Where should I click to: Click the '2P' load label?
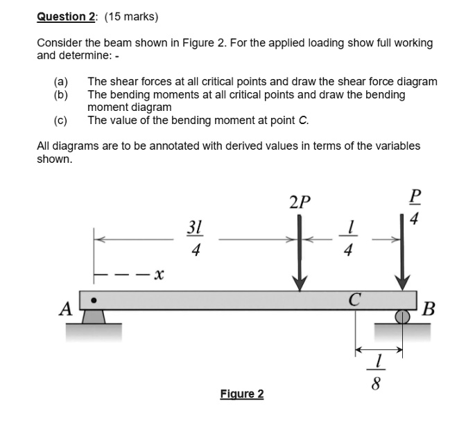(300, 203)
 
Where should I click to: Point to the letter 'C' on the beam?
(355, 299)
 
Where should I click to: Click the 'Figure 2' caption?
(241, 394)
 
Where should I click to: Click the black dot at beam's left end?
(95, 300)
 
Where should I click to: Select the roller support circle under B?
(402, 317)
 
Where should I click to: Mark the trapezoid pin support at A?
(96, 317)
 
